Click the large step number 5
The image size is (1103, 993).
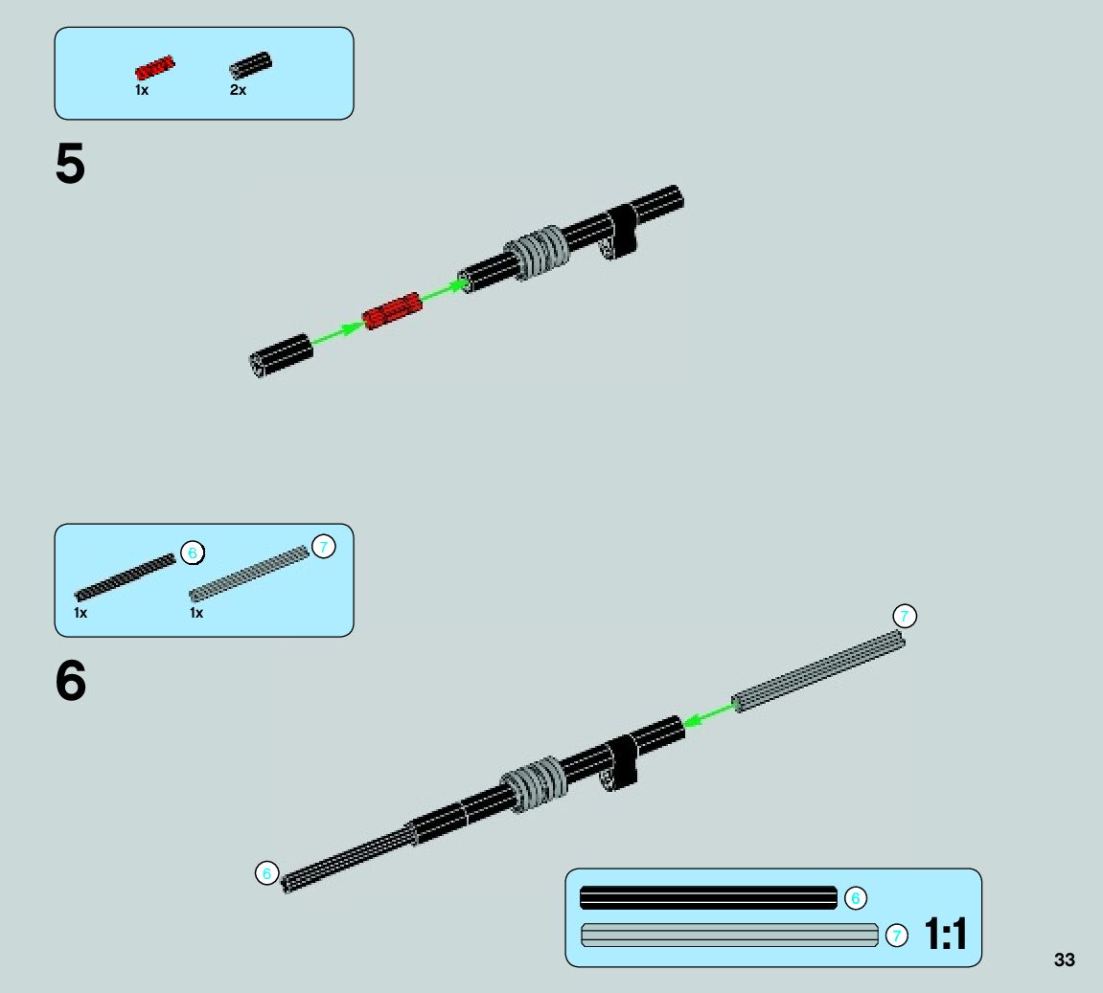coord(70,166)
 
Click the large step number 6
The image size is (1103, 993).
coord(71,682)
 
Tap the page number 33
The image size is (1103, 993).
coord(1064,960)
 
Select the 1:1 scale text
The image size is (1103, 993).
coord(946,934)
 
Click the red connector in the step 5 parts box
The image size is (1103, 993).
coord(154,68)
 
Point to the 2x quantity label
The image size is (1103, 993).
coord(238,90)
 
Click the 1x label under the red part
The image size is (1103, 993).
coord(142,90)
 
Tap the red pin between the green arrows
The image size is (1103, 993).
coord(392,311)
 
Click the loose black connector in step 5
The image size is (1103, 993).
coord(282,355)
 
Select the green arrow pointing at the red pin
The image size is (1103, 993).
coord(337,332)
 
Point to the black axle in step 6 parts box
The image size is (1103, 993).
coord(126,576)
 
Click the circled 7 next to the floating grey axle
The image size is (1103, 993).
coord(904,617)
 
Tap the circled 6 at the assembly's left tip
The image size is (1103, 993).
coord(267,873)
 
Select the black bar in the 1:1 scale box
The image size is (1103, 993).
coord(708,898)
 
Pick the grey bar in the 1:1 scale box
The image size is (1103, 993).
coord(729,936)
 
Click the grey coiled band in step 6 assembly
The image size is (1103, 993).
coord(534,783)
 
